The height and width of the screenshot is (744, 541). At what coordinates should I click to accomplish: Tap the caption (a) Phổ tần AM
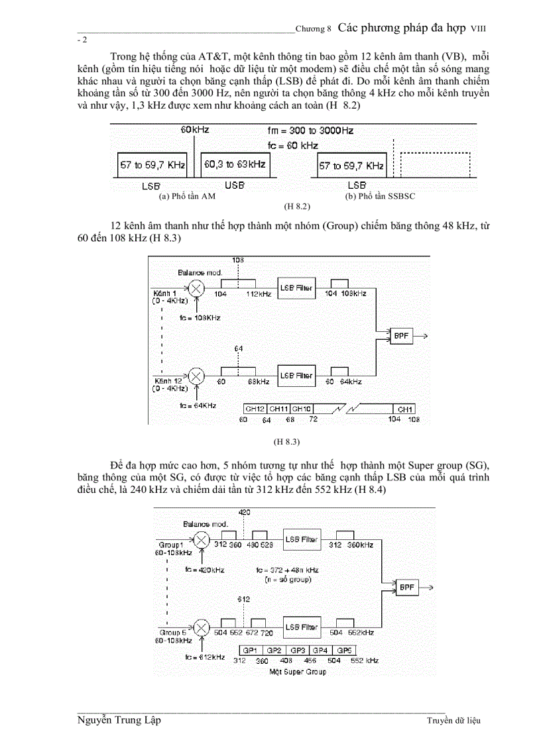click(188, 197)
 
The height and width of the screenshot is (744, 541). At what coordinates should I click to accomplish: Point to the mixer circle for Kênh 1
click(197, 288)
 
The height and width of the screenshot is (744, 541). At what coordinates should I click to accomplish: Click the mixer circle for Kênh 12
click(197, 376)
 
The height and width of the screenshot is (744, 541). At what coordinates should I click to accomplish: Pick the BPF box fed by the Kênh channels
click(401, 336)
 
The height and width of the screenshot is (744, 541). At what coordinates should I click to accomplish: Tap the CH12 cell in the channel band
click(255, 409)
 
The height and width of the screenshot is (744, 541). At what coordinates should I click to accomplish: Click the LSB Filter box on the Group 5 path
click(301, 627)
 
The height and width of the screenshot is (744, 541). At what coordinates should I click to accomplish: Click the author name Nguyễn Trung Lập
click(119, 719)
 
